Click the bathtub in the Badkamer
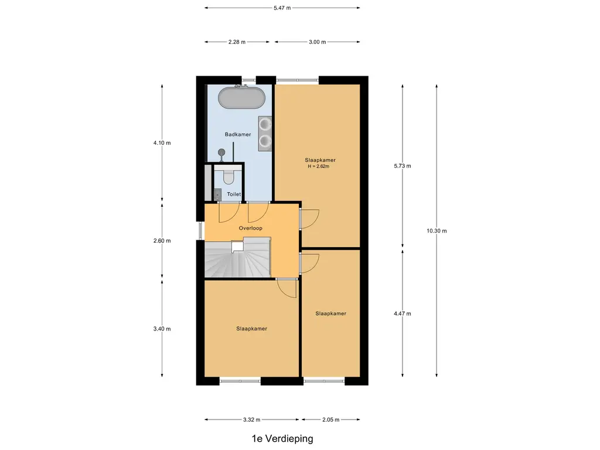(241, 98)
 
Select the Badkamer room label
(238, 134)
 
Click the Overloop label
(251, 228)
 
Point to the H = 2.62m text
(319, 166)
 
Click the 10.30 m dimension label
(437, 231)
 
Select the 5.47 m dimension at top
(282, 8)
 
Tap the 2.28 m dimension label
(237, 42)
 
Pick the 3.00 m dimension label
(317, 42)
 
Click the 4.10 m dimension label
(162, 143)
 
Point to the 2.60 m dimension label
(162, 241)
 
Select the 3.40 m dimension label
(162, 329)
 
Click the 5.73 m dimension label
(403, 166)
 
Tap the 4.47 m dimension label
(403, 313)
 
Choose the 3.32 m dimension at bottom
(251, 420)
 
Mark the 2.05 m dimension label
(330, 420)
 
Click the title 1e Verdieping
(282, 438)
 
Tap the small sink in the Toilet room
(217, 195)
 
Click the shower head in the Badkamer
(221, 153)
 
